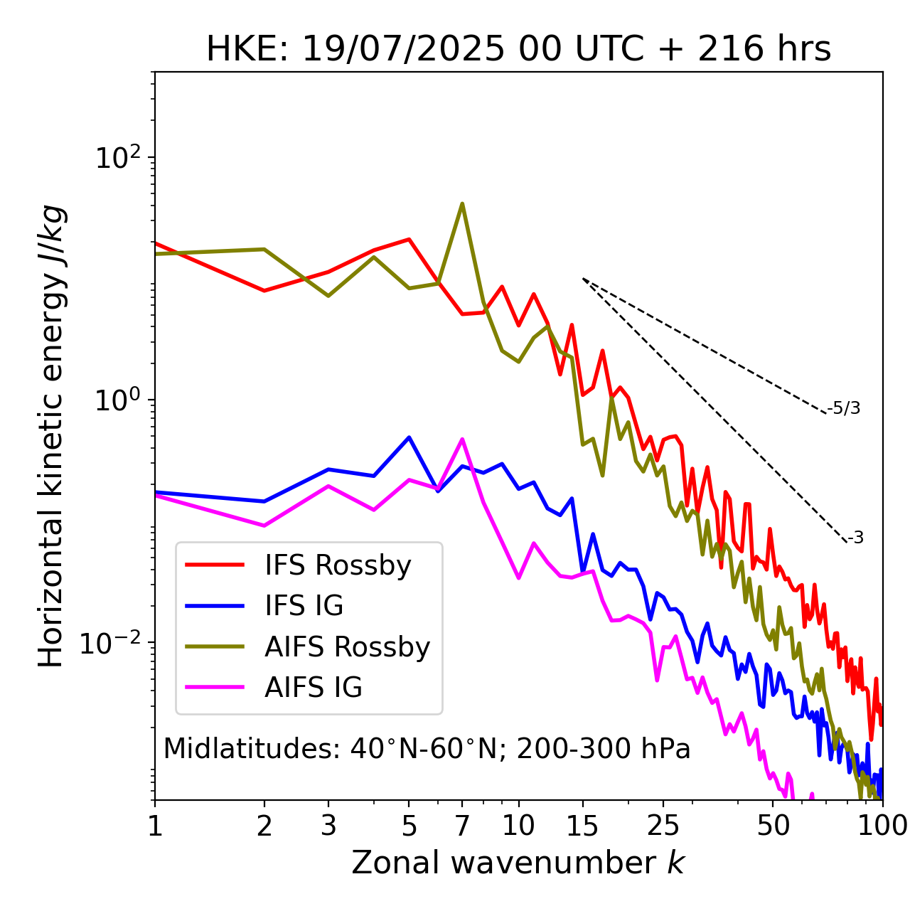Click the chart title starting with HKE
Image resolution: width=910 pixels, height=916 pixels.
[x=518, y=50]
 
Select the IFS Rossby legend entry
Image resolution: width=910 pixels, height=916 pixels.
[x=338, y=565]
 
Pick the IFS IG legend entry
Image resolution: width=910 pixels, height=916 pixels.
[x=304, y=606]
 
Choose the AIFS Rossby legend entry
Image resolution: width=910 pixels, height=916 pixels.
[x=347, y=647]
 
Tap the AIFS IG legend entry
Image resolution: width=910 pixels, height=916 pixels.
[x=314, y=688]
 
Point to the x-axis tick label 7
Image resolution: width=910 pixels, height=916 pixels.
[x=462, y=826]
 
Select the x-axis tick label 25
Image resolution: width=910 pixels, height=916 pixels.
[x=663, y=826]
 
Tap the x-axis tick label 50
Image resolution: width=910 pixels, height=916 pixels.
[x=773, y=826]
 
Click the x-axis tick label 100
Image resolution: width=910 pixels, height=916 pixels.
[x=882, y=826]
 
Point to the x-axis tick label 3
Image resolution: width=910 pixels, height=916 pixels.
[x=328, y=826]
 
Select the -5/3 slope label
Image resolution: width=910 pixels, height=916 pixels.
[x=844, y=409]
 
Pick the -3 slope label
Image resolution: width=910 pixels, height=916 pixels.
[x=856, y=538]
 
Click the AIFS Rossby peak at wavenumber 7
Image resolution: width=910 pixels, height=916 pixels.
[x=462, y=204]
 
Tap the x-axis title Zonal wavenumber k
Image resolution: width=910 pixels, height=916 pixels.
[x=518, y=863]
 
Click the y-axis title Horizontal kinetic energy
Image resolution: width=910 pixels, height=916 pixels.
[x=53, y=436]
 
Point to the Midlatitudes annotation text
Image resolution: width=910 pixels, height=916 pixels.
[x=427, y=749]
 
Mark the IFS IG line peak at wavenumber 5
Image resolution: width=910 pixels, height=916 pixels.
[x=409, y=437]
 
